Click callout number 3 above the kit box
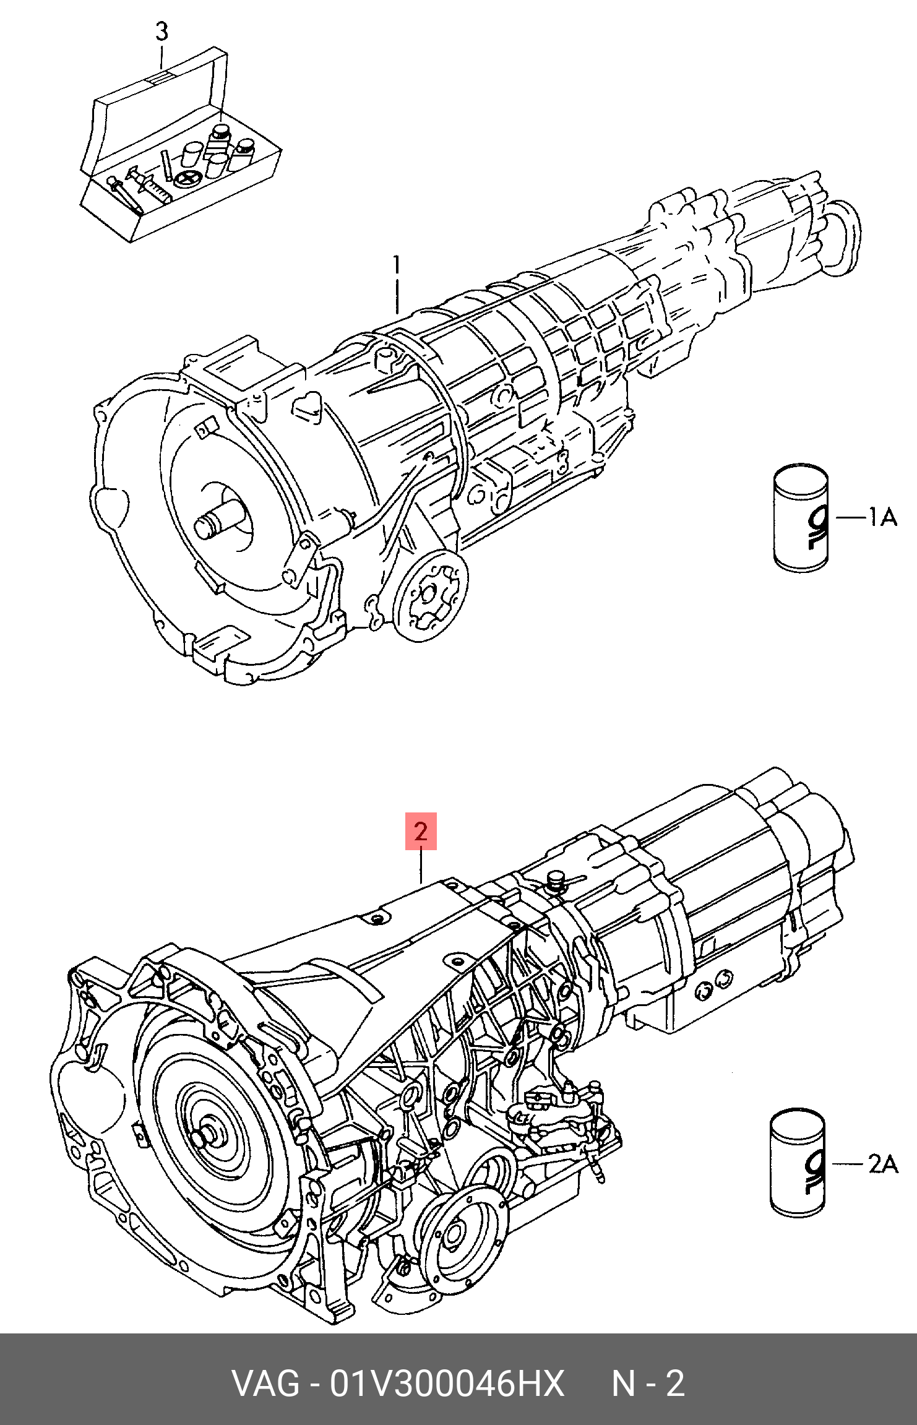pos(161,31)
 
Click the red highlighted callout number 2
pos(421,831)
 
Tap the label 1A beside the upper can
pos(883,517)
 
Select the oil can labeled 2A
pos(798,1164)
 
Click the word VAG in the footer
pos(265,1384)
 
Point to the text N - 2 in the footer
pos(648,1384)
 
